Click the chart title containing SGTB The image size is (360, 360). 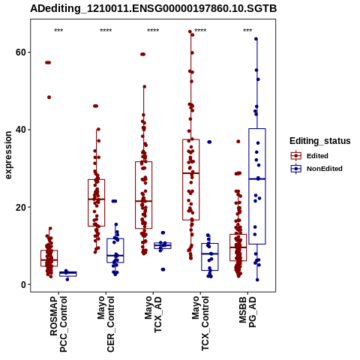coord(153,8)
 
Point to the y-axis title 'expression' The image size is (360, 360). coord(8,155)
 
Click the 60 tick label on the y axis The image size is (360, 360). coord(21,52)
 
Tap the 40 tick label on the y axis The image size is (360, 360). coord(21,130)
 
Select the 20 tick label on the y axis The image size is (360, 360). coord(21,207)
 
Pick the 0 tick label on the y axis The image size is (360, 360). coord(24,284)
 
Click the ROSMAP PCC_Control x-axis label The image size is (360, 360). coord(58,324)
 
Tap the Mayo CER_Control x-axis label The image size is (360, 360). coord(106,324)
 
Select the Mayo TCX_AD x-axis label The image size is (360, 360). coord(153,314)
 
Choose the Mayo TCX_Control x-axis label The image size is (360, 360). coord(200,323)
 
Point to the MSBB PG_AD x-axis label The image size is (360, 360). coord(247,312)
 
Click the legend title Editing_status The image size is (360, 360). coord(320,141)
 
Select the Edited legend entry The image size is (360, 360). coord(310,156)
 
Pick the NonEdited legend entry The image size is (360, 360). coord(316,169)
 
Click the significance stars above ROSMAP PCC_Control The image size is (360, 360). coord(58,31)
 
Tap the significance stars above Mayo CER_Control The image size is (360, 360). coord(106,31)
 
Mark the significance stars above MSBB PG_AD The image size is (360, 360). coord(247,31)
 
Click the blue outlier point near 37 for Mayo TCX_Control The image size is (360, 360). coord(209,142)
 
